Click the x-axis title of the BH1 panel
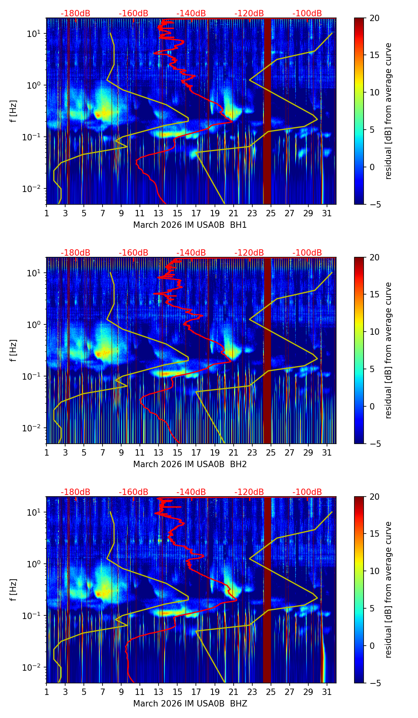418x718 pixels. (190, 225)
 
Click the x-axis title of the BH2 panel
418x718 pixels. (190, 464)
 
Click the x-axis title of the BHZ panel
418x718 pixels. (190, 704)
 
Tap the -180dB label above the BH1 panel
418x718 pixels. (75, 14)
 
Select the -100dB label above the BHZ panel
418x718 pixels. (307, 492)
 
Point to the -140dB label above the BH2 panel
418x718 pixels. (191, 253)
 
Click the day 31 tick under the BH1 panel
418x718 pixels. (327, 213)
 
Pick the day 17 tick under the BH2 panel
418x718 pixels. (196, 452)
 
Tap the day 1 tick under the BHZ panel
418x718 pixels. (47, 692)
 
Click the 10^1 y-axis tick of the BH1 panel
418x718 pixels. (34, 34)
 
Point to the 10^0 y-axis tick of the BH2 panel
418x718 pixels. (34, 325)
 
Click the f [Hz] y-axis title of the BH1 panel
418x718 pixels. (14, 111)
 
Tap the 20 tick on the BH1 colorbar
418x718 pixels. (374, 18)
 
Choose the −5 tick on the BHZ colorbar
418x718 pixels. (374, 683)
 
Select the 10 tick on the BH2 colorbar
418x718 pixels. (374, 332)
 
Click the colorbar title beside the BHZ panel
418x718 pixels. (388, 590)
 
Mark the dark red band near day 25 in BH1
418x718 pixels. (267, 111)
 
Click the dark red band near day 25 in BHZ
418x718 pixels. (267, 590)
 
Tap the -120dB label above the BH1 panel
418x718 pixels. (249, 14)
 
